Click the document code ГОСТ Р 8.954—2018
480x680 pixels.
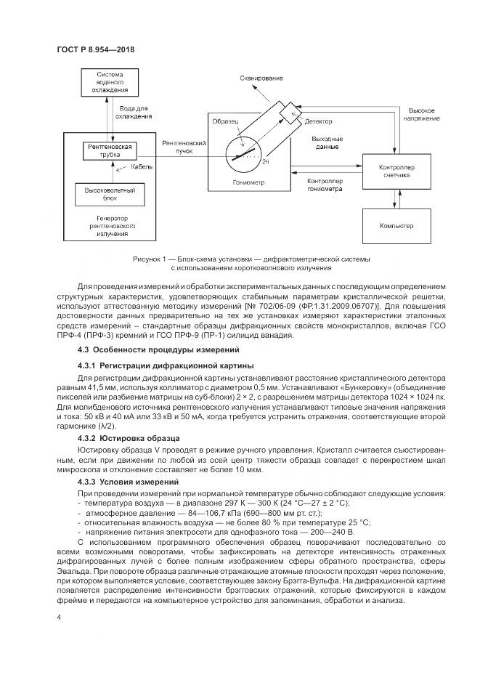(x=96, y=50)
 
